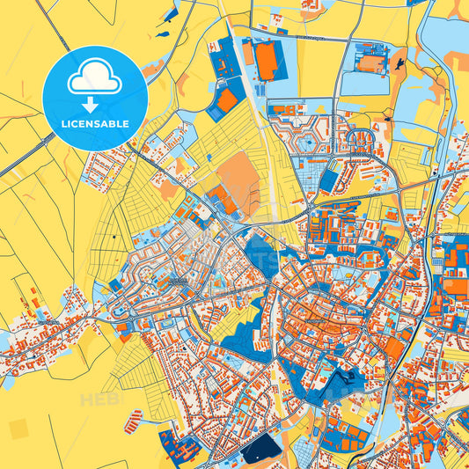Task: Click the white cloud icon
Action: point(95,80)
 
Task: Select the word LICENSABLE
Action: point(95,124)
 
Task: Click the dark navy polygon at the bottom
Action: point(260,449)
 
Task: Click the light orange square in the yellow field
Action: point(18,429)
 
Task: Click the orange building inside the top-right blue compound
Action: point(371,63)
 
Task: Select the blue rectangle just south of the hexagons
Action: point(327,180)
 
